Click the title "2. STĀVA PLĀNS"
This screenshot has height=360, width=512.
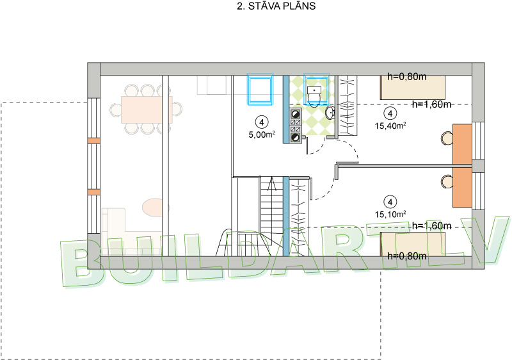pos(276,6)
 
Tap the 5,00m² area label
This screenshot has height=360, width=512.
pos(262,135)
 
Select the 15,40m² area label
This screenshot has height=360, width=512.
pos(390,126)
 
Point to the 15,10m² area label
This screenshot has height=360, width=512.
pos(390,215)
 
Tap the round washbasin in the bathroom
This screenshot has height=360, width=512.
pos(330,113)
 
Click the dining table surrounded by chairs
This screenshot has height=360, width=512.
pos(147,110)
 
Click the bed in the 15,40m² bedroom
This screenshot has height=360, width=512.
pos(413,87)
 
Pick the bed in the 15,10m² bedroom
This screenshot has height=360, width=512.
pos(413,244)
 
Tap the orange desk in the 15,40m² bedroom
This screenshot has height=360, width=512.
pos(462,143)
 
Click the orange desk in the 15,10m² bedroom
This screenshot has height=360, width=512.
pos(462,188)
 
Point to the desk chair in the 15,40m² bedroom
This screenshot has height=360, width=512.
pos(447,138)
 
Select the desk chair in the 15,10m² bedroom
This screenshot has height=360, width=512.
pos(447,182)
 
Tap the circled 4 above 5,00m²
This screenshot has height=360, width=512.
pos(262,122)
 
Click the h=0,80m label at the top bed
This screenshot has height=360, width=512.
pos(407,77)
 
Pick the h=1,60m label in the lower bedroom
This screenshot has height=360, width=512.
pos(431,225)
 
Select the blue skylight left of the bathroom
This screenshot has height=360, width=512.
pos(260,89)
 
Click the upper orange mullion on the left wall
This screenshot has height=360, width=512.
pos(93,140)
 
